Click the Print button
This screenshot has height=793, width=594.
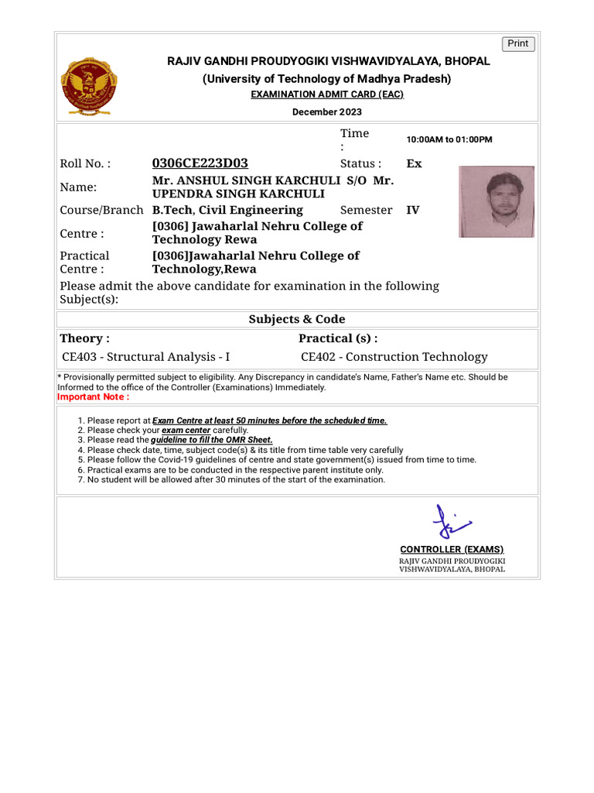point(518,44)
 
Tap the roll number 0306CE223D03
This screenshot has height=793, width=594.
point(200,163)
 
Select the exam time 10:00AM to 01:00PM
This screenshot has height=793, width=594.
point(449,140)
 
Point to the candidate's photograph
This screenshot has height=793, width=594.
point(496,201)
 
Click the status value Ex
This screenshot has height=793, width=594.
point(414,163)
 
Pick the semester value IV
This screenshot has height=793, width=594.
point(413,210)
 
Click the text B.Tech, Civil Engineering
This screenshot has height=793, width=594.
point(227,210)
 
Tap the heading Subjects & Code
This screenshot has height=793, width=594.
point(297,319)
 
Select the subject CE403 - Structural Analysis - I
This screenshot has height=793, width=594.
point(145,357)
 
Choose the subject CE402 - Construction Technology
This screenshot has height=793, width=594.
point(394,357)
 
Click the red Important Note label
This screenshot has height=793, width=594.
point(93,397)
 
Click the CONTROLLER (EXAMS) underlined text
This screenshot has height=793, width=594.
point(452,549)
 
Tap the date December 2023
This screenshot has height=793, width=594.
point(326,112)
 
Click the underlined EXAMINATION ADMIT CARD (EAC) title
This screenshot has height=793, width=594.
point(326,94)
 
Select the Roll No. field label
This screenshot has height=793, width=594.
point(85,163)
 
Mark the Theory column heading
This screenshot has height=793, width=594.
point(84,338)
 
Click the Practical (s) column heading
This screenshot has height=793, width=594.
point(338,338)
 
